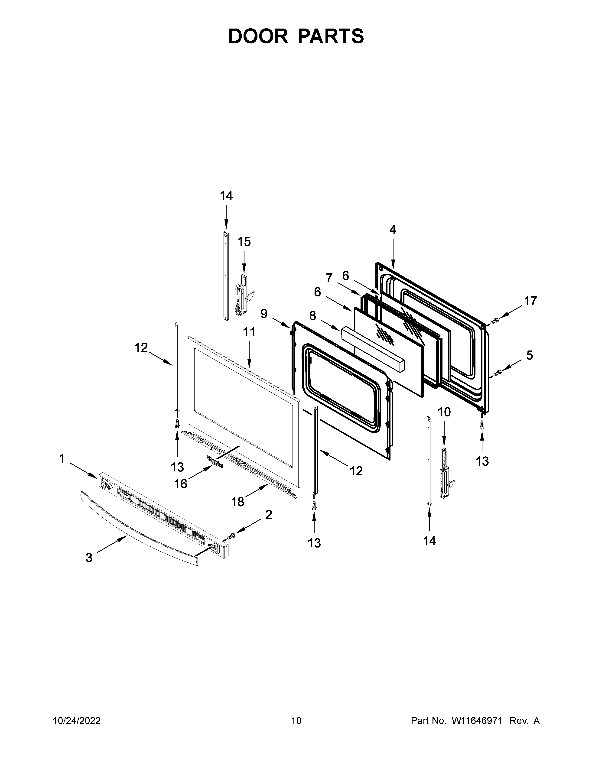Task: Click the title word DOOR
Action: click(258, 36)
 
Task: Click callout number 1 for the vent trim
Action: click(62, 458)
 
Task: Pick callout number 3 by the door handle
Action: click(89, 557)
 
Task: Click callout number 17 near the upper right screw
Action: click(530, 301)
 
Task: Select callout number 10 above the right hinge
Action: click(444, 412)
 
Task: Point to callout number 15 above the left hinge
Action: click(244, 242)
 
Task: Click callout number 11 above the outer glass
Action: click(249, 331)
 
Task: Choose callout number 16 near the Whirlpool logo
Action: click(181, 484)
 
